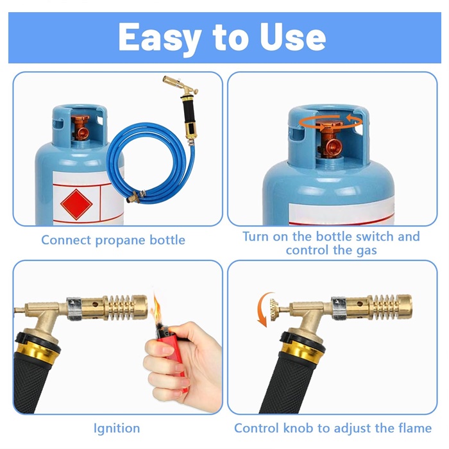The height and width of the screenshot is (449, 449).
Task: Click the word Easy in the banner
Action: (x=159, y=38)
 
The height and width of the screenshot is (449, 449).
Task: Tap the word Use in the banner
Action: (x=292, y=37)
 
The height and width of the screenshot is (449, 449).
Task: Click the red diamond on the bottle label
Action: (x=76, y=205)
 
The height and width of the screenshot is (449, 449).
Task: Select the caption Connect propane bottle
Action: (x=113, y=240)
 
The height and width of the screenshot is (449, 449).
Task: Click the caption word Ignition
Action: (x=117, y=428)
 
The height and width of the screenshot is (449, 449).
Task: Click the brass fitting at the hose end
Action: (x=135, y=197)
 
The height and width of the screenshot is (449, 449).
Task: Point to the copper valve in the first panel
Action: (x=81, y=127)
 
